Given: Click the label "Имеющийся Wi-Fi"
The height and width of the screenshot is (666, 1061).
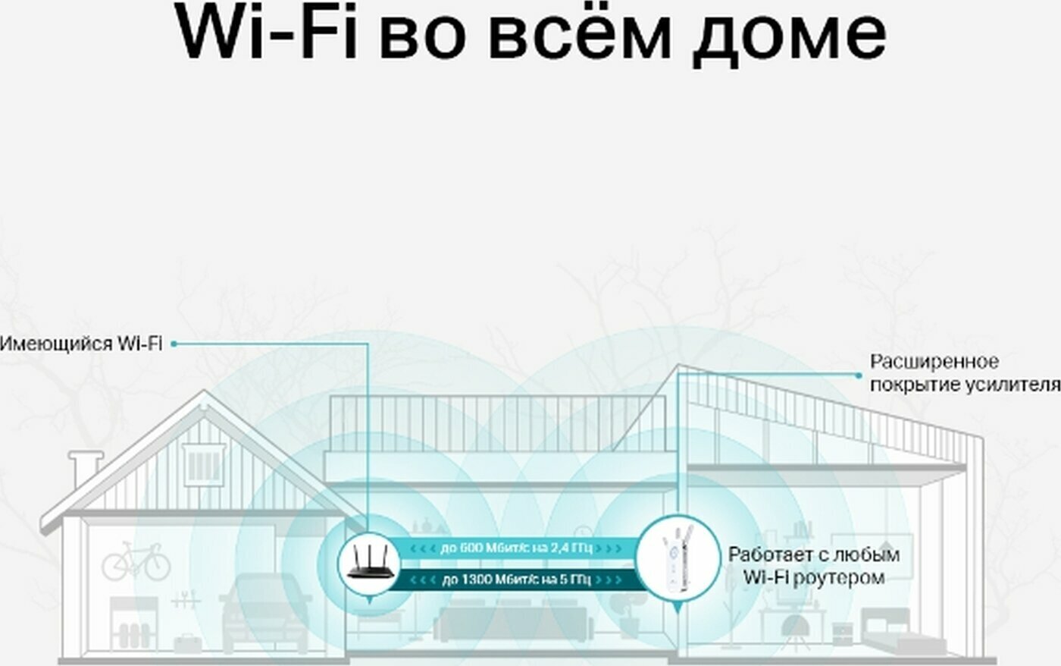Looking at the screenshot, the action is point(80,344).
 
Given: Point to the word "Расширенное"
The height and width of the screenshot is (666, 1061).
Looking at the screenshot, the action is point(934,362).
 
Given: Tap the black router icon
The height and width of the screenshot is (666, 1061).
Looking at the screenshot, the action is point(369,562).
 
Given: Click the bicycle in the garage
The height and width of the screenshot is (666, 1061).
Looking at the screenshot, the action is point(136,561).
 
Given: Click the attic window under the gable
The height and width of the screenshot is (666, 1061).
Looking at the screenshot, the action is point(203,463).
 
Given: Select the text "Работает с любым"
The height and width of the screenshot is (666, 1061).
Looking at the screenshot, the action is point(814,554).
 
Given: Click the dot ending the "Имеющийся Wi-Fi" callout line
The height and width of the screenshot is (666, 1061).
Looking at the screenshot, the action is point(174,344).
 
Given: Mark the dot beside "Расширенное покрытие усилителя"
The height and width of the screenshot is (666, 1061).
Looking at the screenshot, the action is point(859,375).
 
